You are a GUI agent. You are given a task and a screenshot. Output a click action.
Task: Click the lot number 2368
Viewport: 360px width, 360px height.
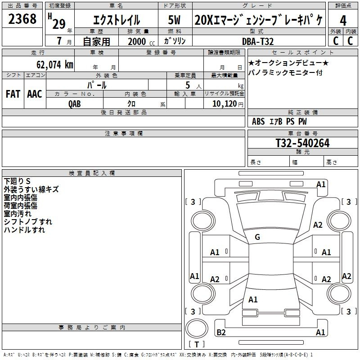tap(22, 18)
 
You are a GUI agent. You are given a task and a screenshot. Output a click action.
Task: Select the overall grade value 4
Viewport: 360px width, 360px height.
tap(343, 20)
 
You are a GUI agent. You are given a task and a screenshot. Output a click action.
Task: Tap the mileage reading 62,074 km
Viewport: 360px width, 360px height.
tap(55, 64)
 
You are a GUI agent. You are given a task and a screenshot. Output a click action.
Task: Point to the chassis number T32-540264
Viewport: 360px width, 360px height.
tap(302, 143)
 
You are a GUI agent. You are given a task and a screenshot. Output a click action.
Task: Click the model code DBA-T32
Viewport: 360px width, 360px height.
tap(258, 41)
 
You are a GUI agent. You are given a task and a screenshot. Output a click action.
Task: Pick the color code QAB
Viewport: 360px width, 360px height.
tap(75, 104)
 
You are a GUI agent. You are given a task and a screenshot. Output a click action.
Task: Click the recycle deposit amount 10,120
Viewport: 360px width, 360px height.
tap(225, 103)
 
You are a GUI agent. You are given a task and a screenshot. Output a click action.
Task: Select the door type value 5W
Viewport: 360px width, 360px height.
tap(174, 20)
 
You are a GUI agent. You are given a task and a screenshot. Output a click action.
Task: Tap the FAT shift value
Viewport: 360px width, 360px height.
tap(13, 94)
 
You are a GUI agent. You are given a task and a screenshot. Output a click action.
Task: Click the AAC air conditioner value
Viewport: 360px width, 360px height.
tap(35, 94)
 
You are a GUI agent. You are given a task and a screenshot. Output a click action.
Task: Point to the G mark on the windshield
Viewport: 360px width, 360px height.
tap(257, 237)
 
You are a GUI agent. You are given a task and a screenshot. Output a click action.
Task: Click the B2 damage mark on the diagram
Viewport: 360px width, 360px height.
tap(221, 332)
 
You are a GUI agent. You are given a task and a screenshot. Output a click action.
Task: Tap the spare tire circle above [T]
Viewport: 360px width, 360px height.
tap(197, 328)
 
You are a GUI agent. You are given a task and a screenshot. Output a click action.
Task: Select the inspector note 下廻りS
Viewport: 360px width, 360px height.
tap(17, 181)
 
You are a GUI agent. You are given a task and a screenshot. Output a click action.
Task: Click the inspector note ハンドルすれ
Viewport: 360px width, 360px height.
tap(24, 229)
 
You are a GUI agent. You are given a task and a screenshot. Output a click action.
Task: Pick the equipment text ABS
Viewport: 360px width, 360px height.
tap(258, 121)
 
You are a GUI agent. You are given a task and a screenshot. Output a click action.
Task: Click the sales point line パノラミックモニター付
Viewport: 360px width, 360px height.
tap(285, 72)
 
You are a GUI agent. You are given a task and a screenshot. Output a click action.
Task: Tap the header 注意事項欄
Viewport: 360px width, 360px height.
tap(124, 133)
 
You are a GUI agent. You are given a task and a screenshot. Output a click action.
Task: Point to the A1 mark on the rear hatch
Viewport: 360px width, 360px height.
tap(253, 299)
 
